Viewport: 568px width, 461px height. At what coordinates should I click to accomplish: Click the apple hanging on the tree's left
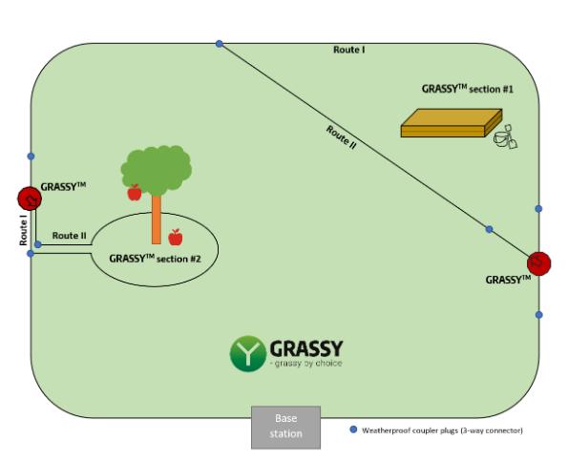(135, 193)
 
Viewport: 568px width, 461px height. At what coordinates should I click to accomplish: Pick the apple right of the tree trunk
(176, 237)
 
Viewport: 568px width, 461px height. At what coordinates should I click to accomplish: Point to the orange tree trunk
(156, 215)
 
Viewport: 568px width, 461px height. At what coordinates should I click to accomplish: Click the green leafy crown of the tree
(157, 166)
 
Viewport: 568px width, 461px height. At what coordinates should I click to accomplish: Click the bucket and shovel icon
(505, 139)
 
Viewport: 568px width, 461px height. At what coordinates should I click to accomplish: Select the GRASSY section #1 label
(468, 88)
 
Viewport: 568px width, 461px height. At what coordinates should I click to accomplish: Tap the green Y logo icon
(247, 353)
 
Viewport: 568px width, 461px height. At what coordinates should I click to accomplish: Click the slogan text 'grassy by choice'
(306, 364)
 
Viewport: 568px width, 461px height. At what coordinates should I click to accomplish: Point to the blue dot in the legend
(353, 430)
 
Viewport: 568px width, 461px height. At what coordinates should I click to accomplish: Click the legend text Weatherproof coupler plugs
(440, 430)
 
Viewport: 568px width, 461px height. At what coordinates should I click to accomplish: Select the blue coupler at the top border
(220, 43)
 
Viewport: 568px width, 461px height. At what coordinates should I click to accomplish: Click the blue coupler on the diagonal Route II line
(489, 229)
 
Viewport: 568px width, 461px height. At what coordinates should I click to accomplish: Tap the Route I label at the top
(347, 49)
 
